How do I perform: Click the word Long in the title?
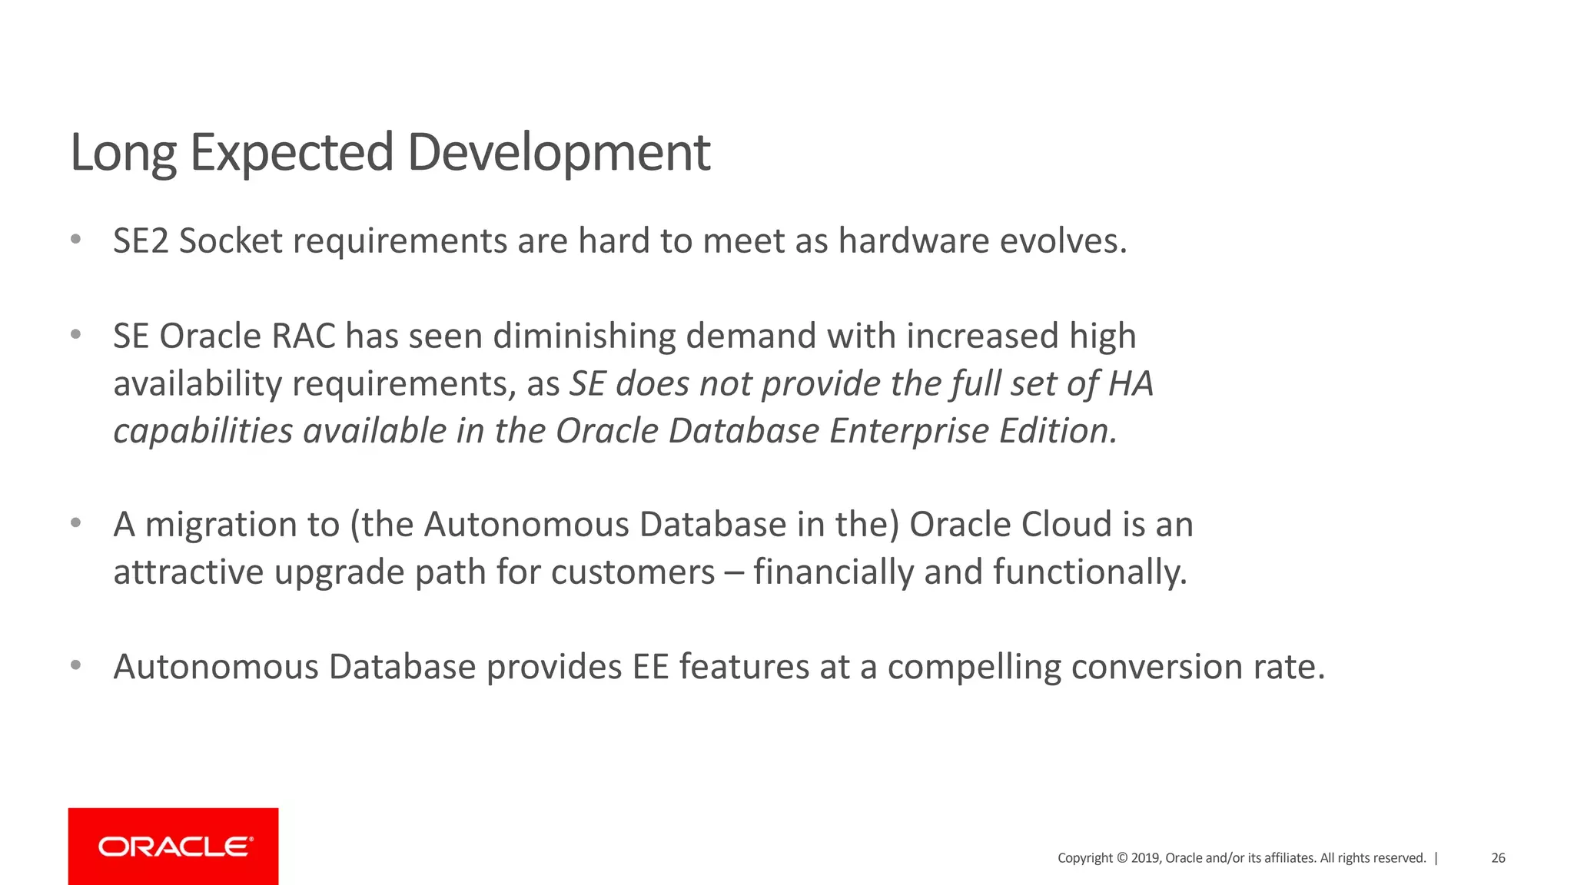coord(123,152)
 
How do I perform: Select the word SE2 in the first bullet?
coord(141,241)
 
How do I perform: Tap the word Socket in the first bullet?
coord(231,241)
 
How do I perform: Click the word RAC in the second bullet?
coord(304,336)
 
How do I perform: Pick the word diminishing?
coord(583,336)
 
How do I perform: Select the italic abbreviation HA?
coord(1131,383)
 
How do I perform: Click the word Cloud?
coord(1067,525)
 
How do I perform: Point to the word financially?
coord(833,572)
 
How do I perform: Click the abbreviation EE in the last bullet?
coord(650,667)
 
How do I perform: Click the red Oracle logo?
coord(174,847)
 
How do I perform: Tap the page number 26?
coord(1498,858)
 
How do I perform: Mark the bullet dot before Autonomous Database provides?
coord(75,665)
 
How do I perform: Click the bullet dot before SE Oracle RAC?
coord(75,335)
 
